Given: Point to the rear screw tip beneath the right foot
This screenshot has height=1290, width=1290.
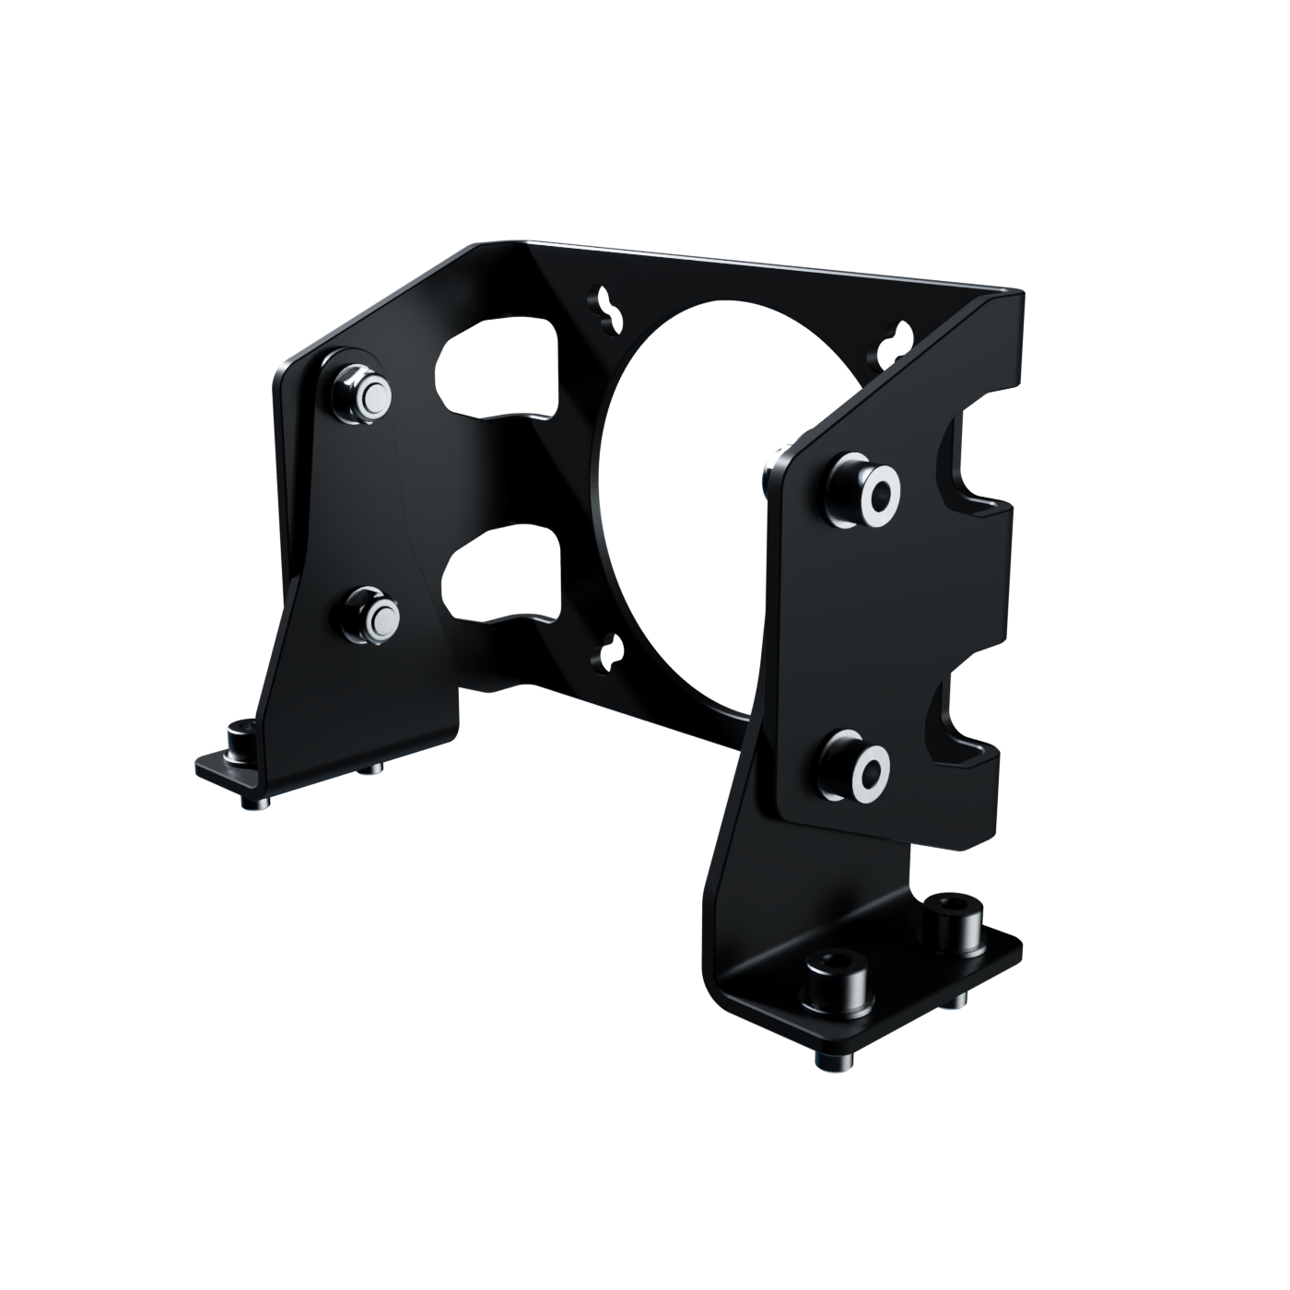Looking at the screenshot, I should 958,1000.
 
